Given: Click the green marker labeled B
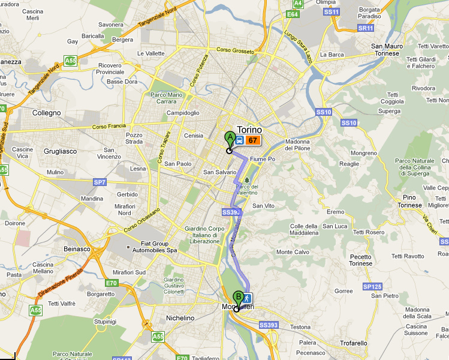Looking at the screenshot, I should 239,296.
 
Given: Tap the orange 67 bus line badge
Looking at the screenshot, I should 252,140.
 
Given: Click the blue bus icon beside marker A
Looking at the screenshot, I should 239,140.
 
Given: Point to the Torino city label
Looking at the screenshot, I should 250,130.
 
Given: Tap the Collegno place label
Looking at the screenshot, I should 47,113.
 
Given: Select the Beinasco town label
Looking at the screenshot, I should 76,248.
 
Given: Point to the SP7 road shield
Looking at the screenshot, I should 100,182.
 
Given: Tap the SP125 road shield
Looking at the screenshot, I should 372,287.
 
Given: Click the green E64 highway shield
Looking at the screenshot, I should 293,14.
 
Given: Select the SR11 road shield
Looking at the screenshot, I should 365,28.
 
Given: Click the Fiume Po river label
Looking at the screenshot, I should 263,159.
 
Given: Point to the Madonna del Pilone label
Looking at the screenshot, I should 305,145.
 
